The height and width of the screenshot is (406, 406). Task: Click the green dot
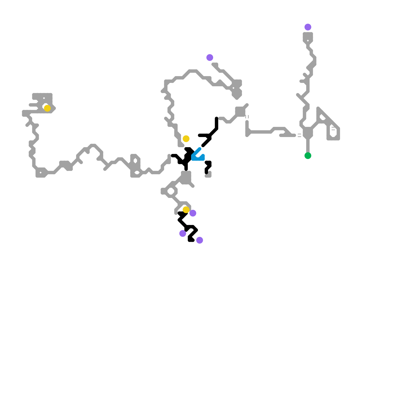(308, 156)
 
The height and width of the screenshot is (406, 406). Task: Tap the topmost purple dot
(308, 27)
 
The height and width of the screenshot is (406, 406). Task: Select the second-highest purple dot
(210, 57)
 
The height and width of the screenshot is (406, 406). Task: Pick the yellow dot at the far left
(47, 108)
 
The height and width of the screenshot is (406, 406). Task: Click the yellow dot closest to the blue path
(186, 139)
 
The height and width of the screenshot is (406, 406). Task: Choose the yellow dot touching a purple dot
(186, 210)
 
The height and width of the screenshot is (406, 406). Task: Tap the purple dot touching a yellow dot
(193, 213)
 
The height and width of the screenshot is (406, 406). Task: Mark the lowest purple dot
(200, 240)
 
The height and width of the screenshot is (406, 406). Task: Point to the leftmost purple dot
(183, 233)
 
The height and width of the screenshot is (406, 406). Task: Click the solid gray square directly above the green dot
(308, 133)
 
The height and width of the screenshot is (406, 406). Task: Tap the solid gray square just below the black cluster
(186, 177)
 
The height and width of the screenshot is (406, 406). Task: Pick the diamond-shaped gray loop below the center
(171, 191)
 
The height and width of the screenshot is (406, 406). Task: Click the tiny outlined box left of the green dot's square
(299, 135)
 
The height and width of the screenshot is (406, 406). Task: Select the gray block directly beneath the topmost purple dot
(308, 37)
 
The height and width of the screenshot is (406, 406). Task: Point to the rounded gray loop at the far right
(333, 132)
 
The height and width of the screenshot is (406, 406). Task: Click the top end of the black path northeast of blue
(216, 118)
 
